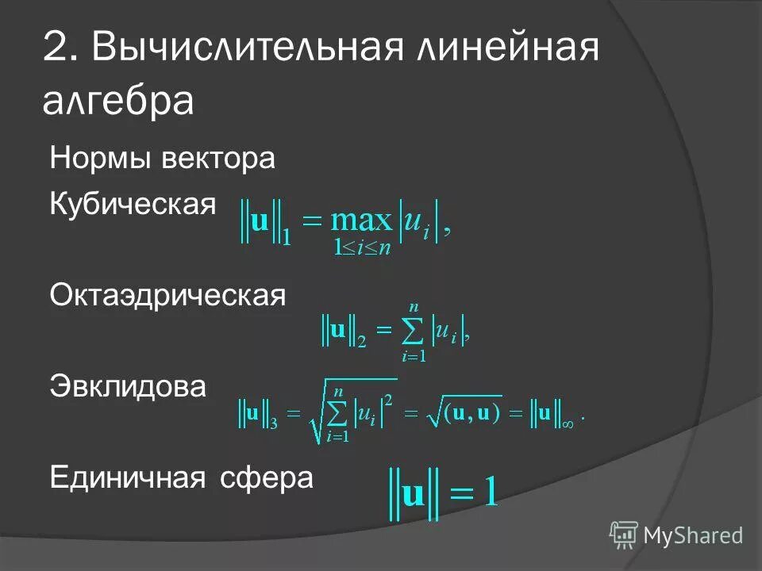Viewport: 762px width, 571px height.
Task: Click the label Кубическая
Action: click(133, 203)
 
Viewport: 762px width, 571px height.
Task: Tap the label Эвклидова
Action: click(128, 387)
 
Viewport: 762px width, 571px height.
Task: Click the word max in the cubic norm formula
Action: click(361, 220)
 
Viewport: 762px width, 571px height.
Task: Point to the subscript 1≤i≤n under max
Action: click(362, 248)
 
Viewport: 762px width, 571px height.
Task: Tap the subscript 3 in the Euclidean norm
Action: click(273, 422)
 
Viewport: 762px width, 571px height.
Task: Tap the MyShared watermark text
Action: click(693, 536)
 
